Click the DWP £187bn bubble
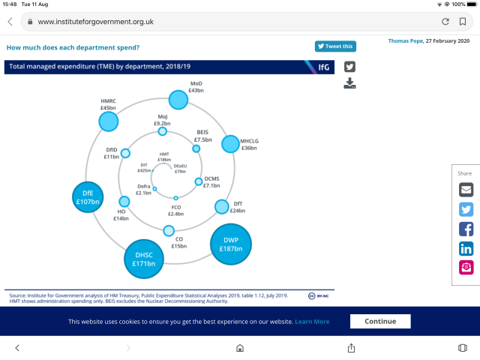[x=230, y=244]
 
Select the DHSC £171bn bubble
[x=144, y=259]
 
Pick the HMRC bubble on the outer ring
[x=109, y=121]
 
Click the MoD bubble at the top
[x=178, y=99]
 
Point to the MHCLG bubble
[x=231, y=142]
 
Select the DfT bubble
[x=222, y=206]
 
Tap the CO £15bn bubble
[x=169, y=230]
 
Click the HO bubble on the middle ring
[x=124, y=202]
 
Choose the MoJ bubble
[x=162, y=131]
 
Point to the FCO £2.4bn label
[x=176, y=210]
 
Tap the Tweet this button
[x=335, y=46]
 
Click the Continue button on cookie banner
[x=380, y=321]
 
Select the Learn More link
[x=312, y=322]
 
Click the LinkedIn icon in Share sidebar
[x=466, y=248]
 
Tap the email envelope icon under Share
[x=466, y=190]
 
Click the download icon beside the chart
[x=350, y=82]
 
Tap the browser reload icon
[x=445, y=22]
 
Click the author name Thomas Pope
[x=405, y=40]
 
